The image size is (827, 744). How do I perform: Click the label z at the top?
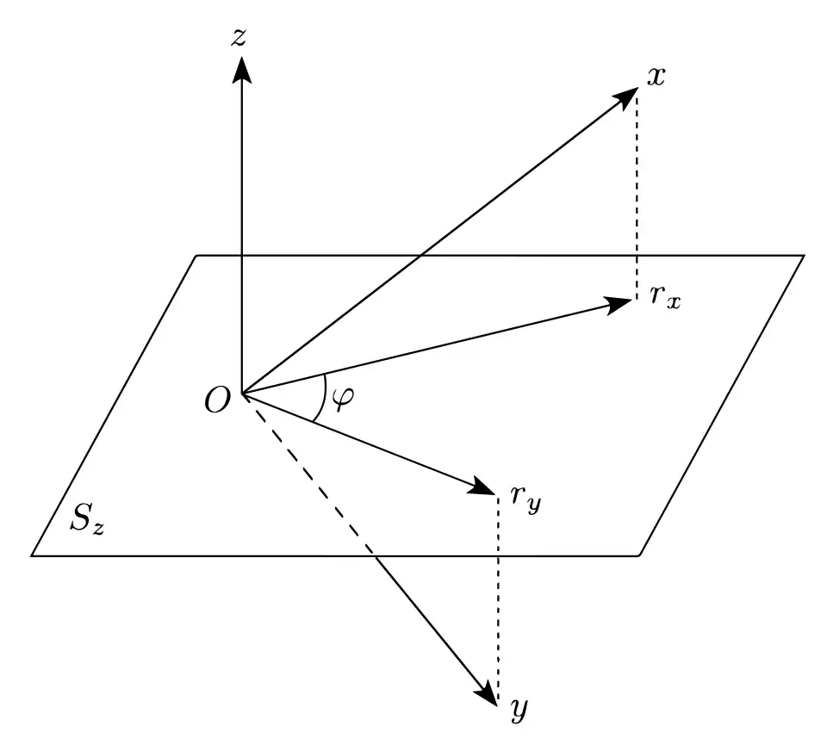239,37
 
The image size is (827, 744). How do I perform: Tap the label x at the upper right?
656,77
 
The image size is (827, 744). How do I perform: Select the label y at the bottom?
519,710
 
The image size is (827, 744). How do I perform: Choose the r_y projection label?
525,499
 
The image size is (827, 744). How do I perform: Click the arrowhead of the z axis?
241,69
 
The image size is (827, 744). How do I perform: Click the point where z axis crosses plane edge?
241,256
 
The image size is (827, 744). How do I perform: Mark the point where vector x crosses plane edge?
420,256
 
